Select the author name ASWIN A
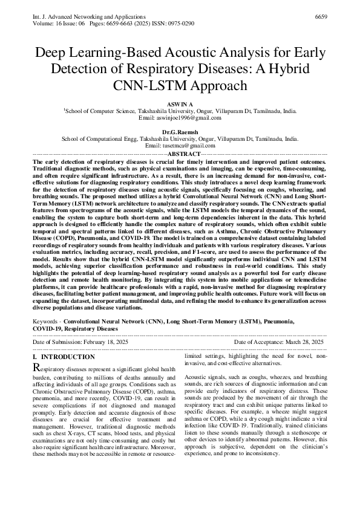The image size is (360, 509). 180,105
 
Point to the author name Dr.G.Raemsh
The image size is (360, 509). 180,131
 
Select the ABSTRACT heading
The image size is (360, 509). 179,154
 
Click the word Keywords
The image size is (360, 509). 46,322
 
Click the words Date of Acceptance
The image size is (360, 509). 253,342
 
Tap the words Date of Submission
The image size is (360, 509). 57,342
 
